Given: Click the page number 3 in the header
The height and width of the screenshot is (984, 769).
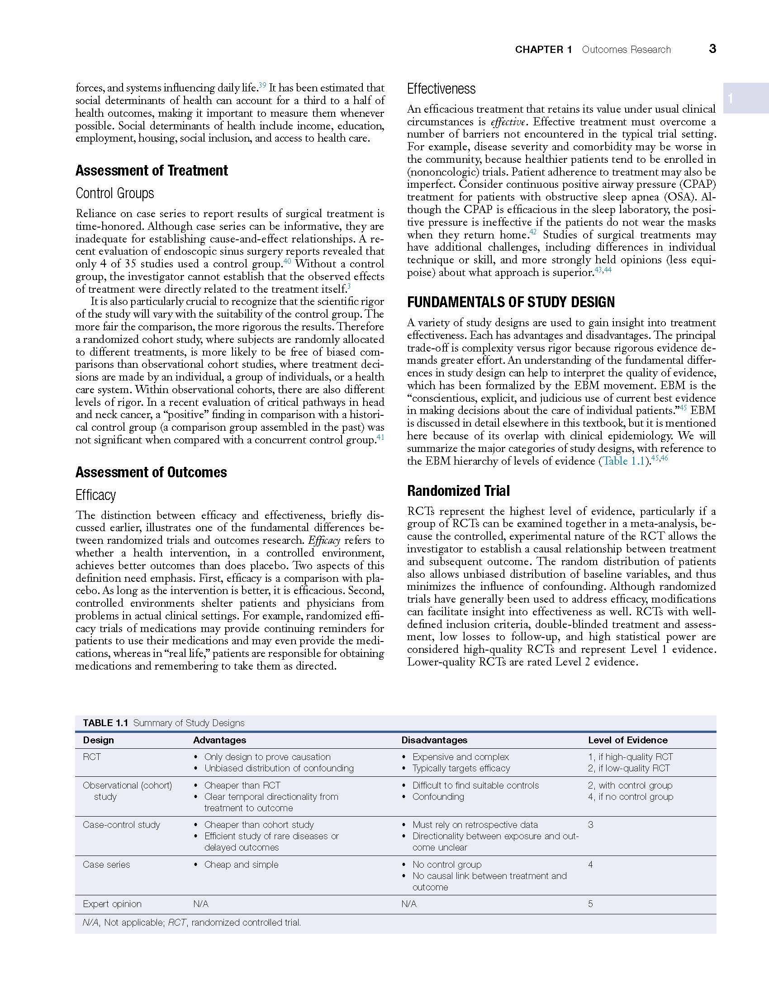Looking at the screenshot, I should click(x=712, y=49).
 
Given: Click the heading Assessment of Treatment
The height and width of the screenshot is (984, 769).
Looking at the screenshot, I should click(x=152, y=171).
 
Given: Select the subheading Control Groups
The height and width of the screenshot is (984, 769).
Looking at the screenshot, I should click(x=115, y=194).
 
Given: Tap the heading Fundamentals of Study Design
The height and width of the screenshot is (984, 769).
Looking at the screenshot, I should click(x=511, y=302).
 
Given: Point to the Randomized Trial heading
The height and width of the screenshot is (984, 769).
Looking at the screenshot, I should click(x=458, y=491).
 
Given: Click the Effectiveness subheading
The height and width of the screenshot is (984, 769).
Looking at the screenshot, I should click(x=441, y=89).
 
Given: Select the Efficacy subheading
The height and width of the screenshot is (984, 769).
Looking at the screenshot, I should click(x=95, y=495).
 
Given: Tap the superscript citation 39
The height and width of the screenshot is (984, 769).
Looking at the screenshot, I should click(x=262, y=85).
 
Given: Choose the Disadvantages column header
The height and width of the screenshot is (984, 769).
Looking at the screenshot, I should click(x=434, y=740).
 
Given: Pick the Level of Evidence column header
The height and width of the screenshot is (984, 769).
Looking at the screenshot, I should click(x=627, y=740).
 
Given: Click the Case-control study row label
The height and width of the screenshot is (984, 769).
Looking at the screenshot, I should click(x=121, y=825).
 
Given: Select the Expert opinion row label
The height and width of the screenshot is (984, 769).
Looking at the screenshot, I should click(x=112, y=904).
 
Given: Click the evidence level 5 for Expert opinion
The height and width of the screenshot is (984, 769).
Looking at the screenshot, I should click(x=590, y=904).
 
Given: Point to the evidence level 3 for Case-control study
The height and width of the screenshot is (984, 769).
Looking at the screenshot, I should click(x=590, y=825).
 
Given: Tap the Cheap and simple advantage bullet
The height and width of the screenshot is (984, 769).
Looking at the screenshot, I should click(x=241, y=865).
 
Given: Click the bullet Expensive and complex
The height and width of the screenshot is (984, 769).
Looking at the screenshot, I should click(x=460, y=757).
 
